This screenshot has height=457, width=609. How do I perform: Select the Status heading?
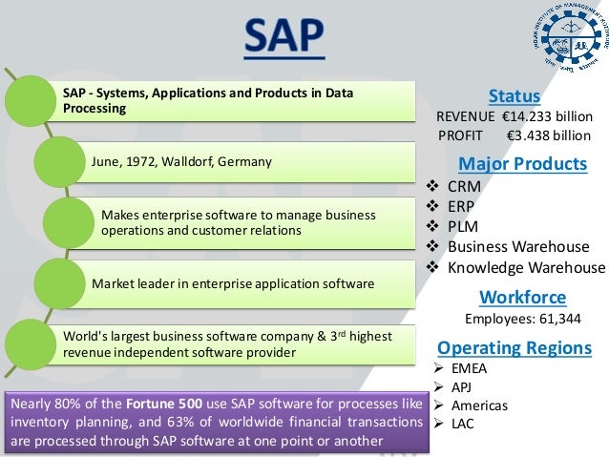point(514,96)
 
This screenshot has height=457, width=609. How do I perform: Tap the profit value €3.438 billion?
point(549,135)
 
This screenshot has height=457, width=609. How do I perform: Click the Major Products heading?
point(522,163)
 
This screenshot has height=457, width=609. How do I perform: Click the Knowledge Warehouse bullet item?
point(526,267)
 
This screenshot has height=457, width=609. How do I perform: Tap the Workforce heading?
point(521,297)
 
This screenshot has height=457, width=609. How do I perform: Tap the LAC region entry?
point(462,423)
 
